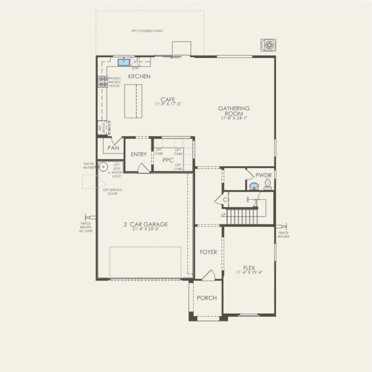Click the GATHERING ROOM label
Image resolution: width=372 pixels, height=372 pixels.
233,111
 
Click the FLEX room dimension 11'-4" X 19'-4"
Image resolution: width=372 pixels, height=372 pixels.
249,272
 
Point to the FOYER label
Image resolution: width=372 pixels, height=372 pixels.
208,252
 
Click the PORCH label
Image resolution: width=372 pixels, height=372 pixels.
207,298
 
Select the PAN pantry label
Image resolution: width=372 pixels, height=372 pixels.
113,147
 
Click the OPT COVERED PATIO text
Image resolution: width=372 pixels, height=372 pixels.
147,31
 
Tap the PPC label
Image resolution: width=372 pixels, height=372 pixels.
168,159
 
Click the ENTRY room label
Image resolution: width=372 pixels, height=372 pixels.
139,154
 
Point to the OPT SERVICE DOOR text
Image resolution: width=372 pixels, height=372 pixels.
113,192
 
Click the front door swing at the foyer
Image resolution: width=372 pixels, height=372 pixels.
208,276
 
